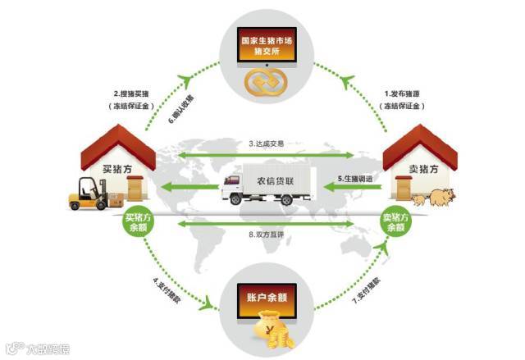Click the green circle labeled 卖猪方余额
(396, 223)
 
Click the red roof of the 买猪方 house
(119, 143)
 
